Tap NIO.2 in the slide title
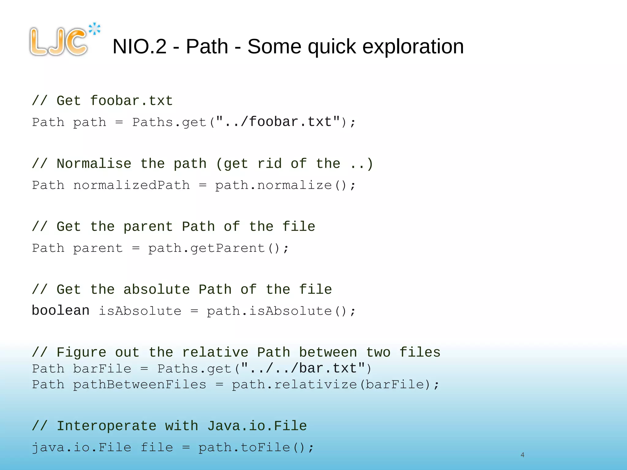point(139,47)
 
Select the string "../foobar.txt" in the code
point(278,122)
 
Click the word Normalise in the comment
point(94,164)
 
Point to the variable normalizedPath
point(131,185)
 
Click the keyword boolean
point(61,311)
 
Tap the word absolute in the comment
point(156,289)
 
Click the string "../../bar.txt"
point(303,368)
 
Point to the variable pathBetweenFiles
point(140,385)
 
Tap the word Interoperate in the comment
point(107,426)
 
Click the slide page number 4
point(522,455)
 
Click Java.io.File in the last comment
point(257,426)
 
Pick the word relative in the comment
point(215,352)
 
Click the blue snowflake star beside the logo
point(95,29)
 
